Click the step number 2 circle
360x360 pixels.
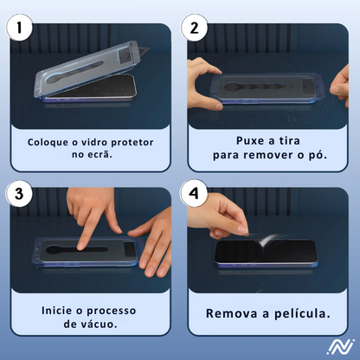(195, 27)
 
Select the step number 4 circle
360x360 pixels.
(195, 194)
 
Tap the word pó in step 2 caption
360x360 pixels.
(318, 155)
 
